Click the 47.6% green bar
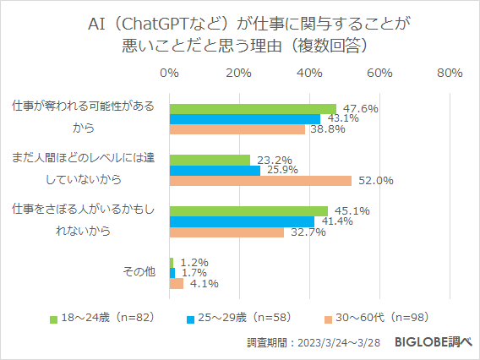pyautogui.click(x=253, y=108)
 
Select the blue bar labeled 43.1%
pyautogui.click(x=245, y=119)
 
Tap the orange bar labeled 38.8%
pyautogui.click(x=237, y=129)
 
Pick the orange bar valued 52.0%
pyautogui.click(x=260, y=180)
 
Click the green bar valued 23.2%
pyautogui.click(x=210, y=160)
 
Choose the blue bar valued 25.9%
pyautogui.click(x=215, y=170)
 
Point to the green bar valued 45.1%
pyautogui.click(x=248, y=211)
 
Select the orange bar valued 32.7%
pyautogui.click(x=226, y=232)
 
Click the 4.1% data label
pyautogui.click(x=199, y=284)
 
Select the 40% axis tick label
pyautogui.click(x=309, y=74)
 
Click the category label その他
pyautogui.click(x=139, y=272)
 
